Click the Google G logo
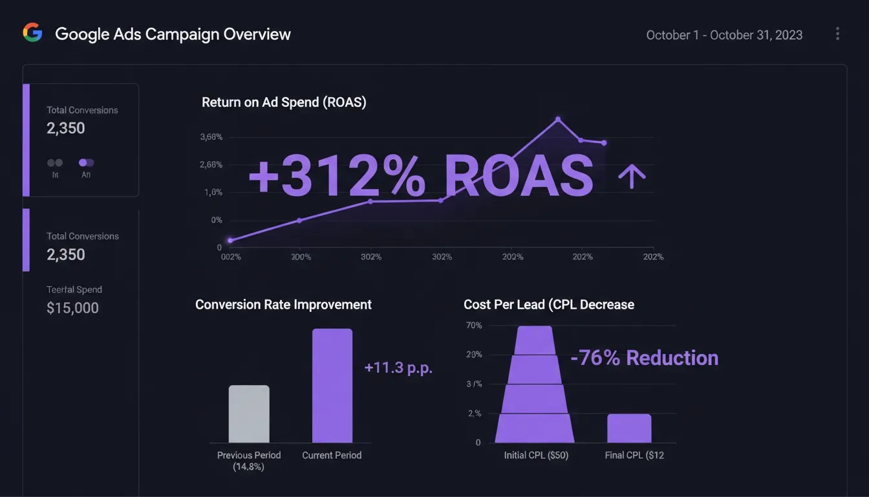(x=32, y=33)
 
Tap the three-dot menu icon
(x=837, y=34)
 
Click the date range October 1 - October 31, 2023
(x=724, y=35)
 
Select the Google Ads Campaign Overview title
(x=173, y=34)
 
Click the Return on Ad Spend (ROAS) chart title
(x=284, y=102)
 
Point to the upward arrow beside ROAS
(x=632, y=175)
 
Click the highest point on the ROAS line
(x=557, y=119)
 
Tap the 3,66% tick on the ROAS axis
(x=211, y=137)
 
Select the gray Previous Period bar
(x=249, y=414)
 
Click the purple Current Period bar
(x=332, y=386)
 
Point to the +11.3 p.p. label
(x=398, y=368)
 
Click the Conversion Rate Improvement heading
(x=283, y=304)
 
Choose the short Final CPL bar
(x=629, y=428)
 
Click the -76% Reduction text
(x=645, y=358)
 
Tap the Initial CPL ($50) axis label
(x=536, y=456)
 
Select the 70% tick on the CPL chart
(x=474, y=326)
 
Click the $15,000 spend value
(x=72, y=308)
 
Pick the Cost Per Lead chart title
(x=549, y=304)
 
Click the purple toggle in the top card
(x=87, y=163)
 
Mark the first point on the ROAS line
(x=230, y=240)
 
